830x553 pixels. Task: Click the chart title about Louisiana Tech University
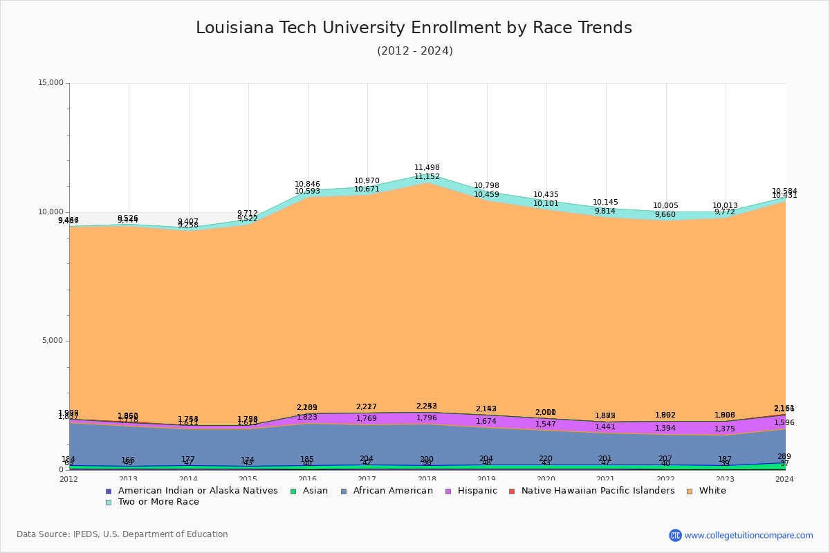tap(414, 28)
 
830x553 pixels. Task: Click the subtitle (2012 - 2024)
tap(414, 51)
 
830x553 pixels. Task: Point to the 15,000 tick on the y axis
tap(50, 83)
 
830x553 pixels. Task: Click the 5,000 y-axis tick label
tap(53, 341)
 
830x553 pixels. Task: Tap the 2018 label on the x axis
tap(427, 479)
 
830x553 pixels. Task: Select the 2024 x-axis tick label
tap(785, 479)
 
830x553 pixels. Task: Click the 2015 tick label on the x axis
tap(248, 479)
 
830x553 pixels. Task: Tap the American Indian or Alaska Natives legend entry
tap(197, 491)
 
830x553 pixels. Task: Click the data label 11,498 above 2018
tap(427, 168)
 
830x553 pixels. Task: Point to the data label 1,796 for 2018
tap(426, 418)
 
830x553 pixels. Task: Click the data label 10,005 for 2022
tap(665, 206)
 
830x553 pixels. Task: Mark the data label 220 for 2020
tap(546, 458)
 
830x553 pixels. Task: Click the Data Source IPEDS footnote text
tap(122, 534)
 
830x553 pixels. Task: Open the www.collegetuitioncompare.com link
tap(748, 535)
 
